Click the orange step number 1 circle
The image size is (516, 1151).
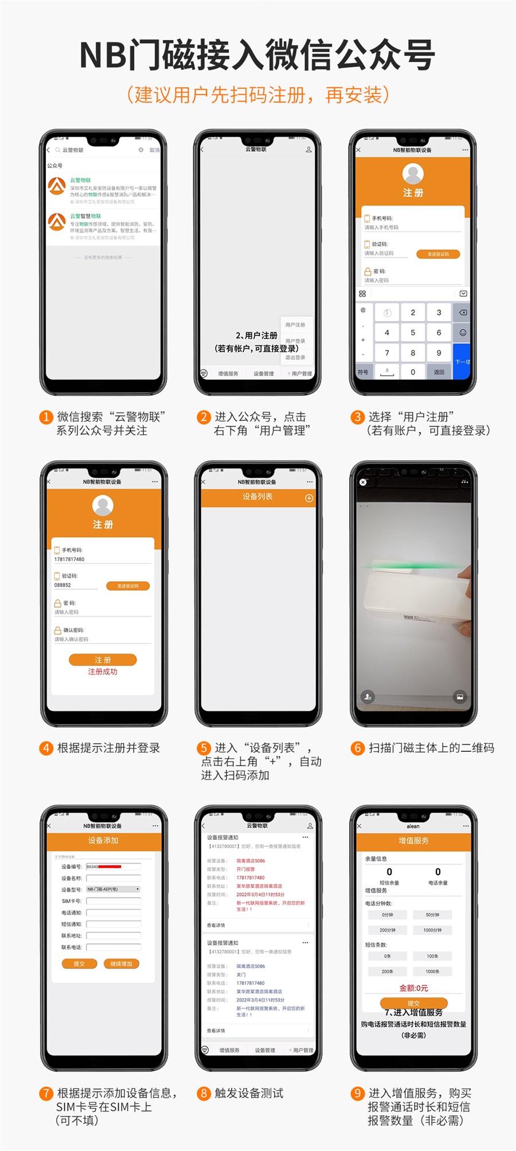(46, 417)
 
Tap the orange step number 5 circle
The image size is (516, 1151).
(204, 748)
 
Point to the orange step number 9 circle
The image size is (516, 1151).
(358, 1093)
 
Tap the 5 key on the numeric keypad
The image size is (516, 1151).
(413, 333)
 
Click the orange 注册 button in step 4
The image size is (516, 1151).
(103, 660)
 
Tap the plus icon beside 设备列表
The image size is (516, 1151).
(309, 498)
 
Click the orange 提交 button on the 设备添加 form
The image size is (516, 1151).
(79, 964)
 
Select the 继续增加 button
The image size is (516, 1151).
(122, 964)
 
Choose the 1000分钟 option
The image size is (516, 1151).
(432, 930)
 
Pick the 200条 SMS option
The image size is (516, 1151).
(388, 971)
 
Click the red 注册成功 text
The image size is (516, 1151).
(103, 672)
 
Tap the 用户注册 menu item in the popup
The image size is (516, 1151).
(295, 325)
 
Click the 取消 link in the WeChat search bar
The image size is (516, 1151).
(154, 150)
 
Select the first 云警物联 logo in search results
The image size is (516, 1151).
(57, 186)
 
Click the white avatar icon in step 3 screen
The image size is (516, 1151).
(413, 173)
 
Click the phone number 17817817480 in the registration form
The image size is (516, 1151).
(69, 559)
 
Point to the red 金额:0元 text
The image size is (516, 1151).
(413, 988)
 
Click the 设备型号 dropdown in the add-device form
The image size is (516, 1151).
(113, 889)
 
